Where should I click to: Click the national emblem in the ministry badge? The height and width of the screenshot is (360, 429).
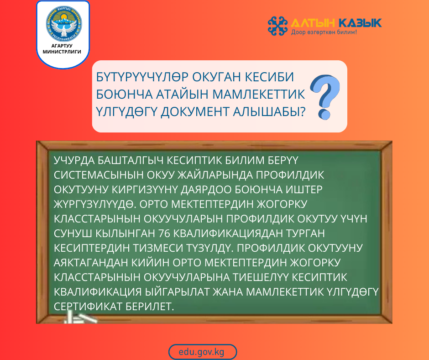63,25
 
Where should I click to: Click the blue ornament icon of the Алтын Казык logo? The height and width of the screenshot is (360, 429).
277,26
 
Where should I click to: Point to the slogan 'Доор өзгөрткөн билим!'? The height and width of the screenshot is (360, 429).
324,33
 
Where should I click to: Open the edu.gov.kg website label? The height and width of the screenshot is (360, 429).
203,352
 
